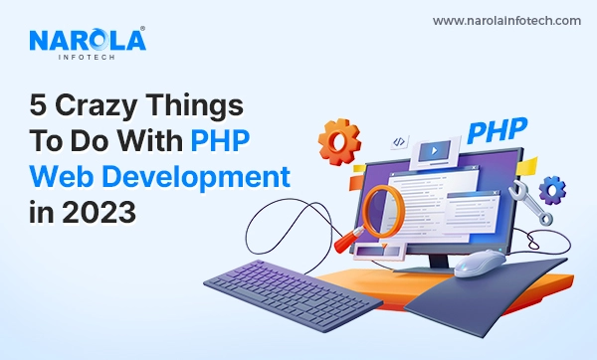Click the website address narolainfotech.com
pyautogui.click(x=507, y=21)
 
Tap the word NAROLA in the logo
pyautogui.click(x=87, y=40)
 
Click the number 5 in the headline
pyautogui.click(x=39, y=106)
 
